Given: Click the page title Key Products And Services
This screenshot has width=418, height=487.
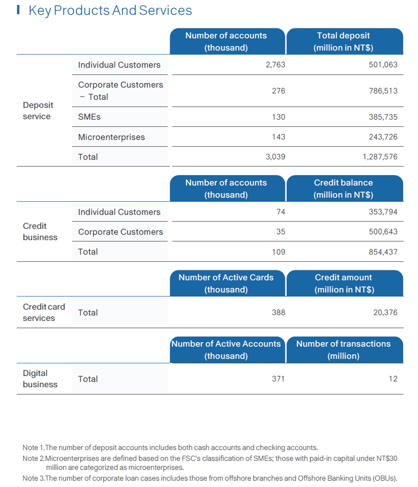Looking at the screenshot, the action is tap(110, 11).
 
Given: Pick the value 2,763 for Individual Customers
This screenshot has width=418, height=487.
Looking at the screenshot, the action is tap(275, 64).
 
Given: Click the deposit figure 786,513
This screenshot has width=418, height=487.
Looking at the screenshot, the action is tap(383, 91).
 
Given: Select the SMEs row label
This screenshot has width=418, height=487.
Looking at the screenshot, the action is tap(89, 117).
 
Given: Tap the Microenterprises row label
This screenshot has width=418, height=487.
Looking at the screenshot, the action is tap(111, 137).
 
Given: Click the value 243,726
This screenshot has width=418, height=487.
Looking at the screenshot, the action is tap(383, 137).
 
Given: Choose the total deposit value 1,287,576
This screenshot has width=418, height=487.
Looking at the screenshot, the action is tap(380, 157).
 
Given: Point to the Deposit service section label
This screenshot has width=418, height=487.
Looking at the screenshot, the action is tap(38, 111).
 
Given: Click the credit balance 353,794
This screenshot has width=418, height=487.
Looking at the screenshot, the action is tap(383, 212).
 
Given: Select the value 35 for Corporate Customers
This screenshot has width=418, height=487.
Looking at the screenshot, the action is tap(280, 232).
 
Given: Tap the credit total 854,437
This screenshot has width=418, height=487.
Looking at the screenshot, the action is tap(383, 252).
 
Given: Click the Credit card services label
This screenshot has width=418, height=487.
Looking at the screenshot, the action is tap(44, 312).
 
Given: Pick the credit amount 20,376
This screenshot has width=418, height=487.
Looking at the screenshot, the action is tap(385, 312).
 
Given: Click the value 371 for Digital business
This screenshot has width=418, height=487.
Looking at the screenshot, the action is tap(278, 378).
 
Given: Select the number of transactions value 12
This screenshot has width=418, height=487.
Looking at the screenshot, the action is tap(393, 378).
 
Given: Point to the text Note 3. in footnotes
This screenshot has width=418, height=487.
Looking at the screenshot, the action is tap(34, 478).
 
